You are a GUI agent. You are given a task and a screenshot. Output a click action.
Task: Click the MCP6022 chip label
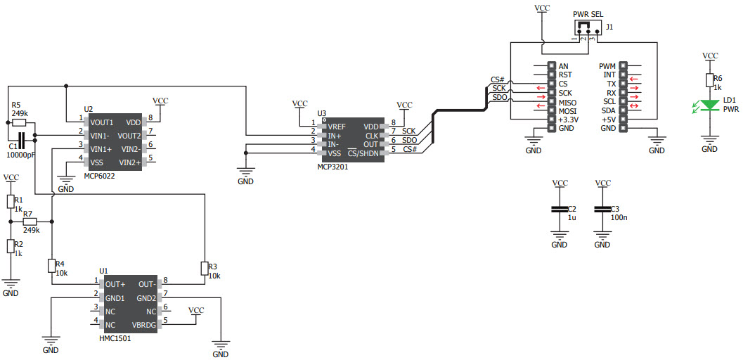point(99,175)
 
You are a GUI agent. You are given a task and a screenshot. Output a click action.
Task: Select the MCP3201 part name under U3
point(332,167)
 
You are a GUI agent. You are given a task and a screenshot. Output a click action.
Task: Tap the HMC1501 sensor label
point(115,338)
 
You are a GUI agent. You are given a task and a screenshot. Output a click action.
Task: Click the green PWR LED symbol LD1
point(711,105)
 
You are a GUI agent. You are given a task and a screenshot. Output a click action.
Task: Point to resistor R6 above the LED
point(711,82)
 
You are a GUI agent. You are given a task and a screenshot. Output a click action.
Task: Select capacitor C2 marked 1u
point(560,209)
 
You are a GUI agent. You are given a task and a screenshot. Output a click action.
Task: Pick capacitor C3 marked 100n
point(602,209)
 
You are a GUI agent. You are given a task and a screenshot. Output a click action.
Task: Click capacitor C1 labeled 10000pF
point(21,139)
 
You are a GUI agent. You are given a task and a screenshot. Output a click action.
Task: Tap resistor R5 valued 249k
point(20,122)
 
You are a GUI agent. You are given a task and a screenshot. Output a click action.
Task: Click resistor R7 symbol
point(30,221)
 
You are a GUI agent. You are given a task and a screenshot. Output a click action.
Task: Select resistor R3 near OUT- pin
point(204,268)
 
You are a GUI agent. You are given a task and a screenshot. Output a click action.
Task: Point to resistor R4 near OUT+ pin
point(52,265)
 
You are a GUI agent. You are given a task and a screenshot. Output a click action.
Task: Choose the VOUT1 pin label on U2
point(102,122)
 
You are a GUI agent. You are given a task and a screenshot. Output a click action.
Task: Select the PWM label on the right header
point(607,66)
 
